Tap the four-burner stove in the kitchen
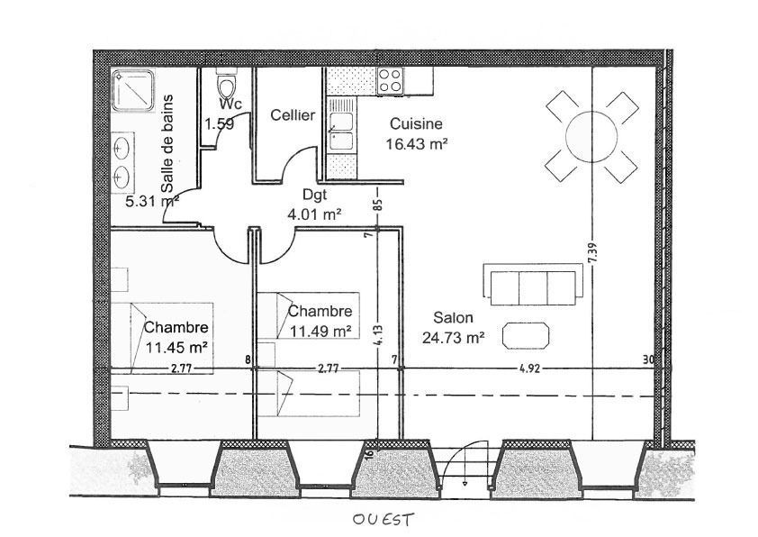(x=390, y=81)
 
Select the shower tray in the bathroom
(x=133, y=91)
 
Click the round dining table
(x=591, y=136)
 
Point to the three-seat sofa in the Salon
(x=533, y=286)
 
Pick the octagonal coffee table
(x=526, y=335)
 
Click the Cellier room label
(x=293, y=115)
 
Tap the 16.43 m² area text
(x=416, y=143)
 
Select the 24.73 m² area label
(x=453, y=337)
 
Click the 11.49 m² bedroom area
(x=320, y=331)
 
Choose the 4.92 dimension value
(x=529, y=369)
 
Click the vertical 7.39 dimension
(x=592, y=252)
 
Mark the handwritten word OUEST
(x=383, y=520)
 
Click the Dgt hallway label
(x=315, y=195)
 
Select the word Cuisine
(x=416, y=123)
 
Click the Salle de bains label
(x=167, y=143)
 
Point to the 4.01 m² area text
(x=315, y=214)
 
